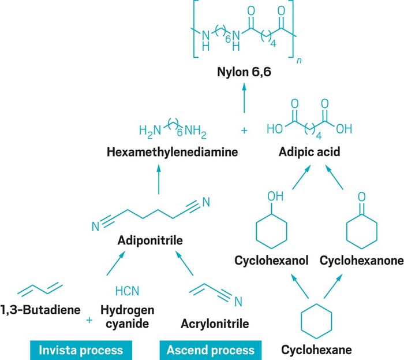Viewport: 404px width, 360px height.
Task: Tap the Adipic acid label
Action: (x=309, y=154)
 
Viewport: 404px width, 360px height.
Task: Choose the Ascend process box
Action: (x=211, y=350)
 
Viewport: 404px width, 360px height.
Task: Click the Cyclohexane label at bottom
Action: (x=316, y=350)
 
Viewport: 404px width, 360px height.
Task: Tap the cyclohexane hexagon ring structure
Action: (x=316, y=318)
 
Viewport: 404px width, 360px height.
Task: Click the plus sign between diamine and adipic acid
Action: (x=244, y=131)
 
